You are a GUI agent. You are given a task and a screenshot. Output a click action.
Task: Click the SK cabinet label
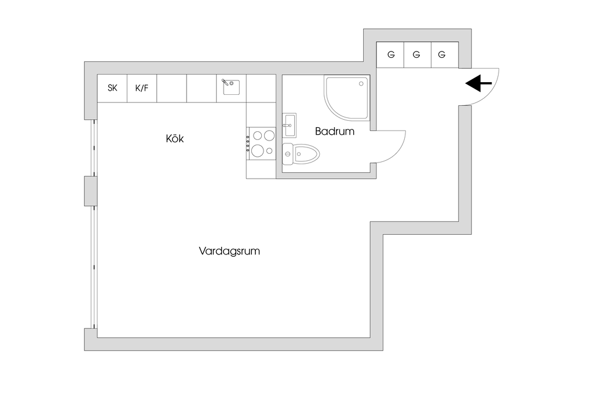(x=112, y=88)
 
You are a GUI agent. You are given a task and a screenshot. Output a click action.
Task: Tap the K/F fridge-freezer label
(x=142, y=88)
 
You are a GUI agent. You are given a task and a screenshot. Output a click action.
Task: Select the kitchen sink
(x=232, y=87)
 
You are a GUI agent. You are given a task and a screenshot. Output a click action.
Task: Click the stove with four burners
(x=261, y=142)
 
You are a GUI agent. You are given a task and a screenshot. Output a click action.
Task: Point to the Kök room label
(x=175, y=139)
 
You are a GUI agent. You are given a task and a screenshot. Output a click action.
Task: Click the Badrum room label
(x=335, y=131)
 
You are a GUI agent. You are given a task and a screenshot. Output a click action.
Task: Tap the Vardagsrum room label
(x=229, y=252)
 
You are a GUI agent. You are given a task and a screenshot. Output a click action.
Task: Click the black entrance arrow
(x=479, y=84)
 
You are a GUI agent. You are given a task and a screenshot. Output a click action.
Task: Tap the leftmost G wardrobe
(x=391, y=55)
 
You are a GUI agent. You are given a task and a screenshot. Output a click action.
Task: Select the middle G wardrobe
(x=416, y=55)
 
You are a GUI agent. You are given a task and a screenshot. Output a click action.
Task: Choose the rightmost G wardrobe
(x=442, y=55)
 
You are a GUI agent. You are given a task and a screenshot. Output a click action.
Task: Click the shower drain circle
(x=363, y=83)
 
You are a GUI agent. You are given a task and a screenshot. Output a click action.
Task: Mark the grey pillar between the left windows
(x=91, y=191)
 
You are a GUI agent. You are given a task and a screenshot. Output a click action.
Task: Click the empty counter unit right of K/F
(x=172, y=88)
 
